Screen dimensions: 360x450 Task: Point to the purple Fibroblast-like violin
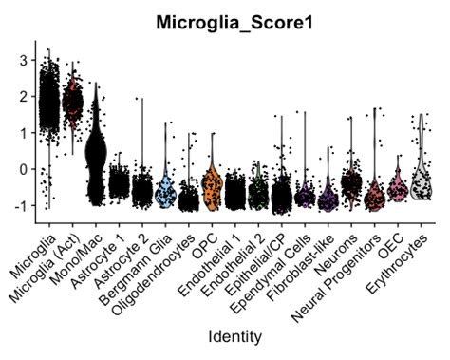click(x=328, y=199)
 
